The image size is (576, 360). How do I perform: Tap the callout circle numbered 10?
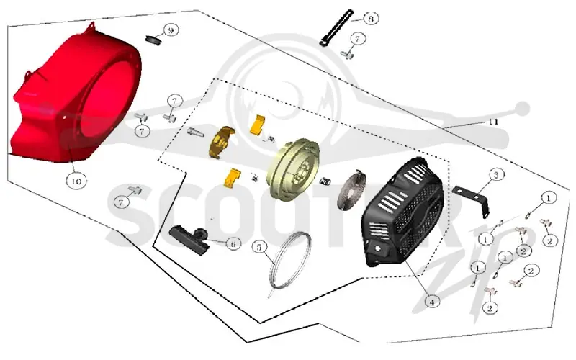[76, 181]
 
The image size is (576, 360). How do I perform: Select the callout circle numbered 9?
[170, 30]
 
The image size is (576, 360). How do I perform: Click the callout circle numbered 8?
[370, 19]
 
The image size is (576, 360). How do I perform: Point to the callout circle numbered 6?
[233, 243]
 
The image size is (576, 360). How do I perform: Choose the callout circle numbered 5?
[259, 247]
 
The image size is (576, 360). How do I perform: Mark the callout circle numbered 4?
[432, 302]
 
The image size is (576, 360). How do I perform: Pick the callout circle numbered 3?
[496, 175]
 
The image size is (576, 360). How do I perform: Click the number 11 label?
[493, 122]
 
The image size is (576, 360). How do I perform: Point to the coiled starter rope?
[290, 261]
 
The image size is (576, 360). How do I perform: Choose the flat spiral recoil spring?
[352, 191]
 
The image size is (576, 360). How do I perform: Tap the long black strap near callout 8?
[336, 27]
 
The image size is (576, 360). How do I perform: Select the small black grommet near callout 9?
[153, 39]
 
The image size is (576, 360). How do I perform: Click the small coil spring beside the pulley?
[325, 181]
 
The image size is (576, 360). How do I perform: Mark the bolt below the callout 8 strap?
[346, 55]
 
